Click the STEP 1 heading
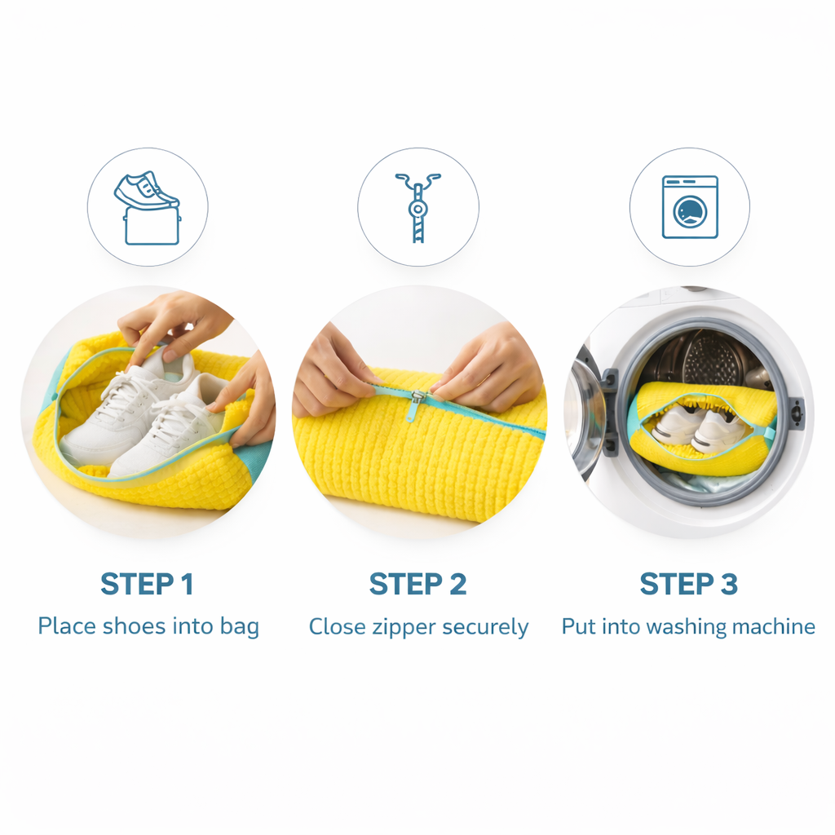tap(147, 584)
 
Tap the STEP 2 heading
tap(417, 584)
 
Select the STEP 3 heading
tap(688, 584)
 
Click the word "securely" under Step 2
tap(484, 628)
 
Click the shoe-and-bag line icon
tap(147, 207)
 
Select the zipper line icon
tap(417, 207)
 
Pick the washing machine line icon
tap(690, 207)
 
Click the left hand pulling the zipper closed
tap(331, 371)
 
